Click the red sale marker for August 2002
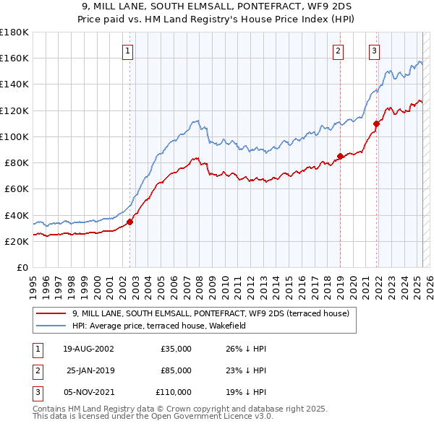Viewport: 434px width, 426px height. tap(130, 222)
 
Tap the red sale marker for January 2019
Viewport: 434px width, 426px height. tap(340, 156)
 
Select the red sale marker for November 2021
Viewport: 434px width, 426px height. tap(376, 123)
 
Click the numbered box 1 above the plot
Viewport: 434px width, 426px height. tap(127, 51)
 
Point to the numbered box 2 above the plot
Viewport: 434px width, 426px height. tap(338, 51)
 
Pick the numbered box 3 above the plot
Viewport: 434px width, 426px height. tap(374, 51)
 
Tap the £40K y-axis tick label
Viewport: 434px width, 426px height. tap(17, 215)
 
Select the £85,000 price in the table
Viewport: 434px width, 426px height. tap(176, 370)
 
